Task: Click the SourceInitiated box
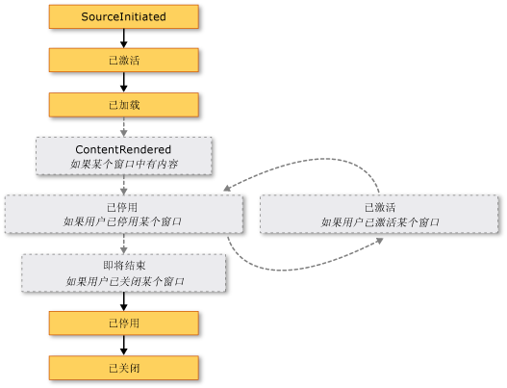pos(124,16)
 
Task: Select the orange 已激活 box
pos(124,61)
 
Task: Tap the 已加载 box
pos(124,105)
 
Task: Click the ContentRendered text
pos(123,149)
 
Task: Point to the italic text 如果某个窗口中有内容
pos(124,164)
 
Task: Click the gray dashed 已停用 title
pos(122,207)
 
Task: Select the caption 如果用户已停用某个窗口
pos(122,221)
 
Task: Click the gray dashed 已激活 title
pos(380,207)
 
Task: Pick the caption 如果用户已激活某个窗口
pos(380,222)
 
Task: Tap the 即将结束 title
pos(124,266)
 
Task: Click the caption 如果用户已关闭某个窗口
pos(125,281)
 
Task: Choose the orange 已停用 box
pos(124,323)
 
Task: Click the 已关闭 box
pos(124,368)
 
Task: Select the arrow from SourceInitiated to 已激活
pos(123,39)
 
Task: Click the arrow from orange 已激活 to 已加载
pos(123,82)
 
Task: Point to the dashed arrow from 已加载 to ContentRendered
pos(123,127)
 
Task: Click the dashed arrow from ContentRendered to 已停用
pos(123,185)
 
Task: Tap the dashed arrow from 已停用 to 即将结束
pos(123,244)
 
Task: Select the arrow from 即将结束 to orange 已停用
pos(123,301)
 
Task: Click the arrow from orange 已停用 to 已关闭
pos(123,346)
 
